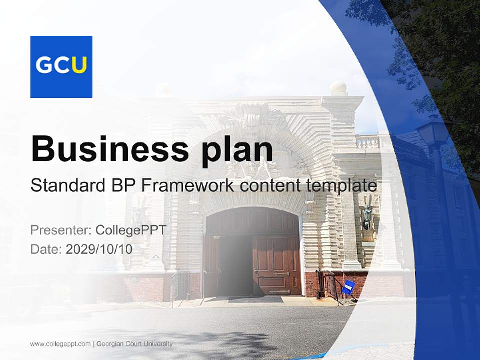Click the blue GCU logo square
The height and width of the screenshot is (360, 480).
coord(61,67)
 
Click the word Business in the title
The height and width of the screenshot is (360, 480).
coord(110,149)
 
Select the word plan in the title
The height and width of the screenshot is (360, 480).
coord(237,152)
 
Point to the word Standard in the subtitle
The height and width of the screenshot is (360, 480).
coord(68,185)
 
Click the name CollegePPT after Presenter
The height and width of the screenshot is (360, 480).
coord(131,230)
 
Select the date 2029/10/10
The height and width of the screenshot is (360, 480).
coord(99,249)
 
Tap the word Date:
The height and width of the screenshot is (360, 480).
coord(46,249)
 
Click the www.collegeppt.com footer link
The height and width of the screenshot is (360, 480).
coord(60,344)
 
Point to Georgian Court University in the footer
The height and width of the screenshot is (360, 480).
coord(134,344)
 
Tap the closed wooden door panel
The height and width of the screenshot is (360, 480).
coord(276,265)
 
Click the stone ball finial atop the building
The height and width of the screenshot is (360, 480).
coord(338,88)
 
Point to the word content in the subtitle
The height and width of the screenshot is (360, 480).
coord(270,186)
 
